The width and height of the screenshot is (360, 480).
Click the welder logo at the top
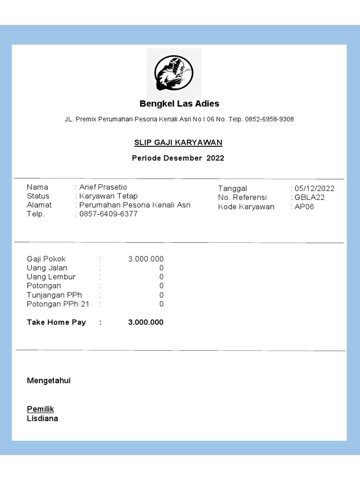[x=174, y=74]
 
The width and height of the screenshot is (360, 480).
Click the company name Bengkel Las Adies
[x=180, y=104]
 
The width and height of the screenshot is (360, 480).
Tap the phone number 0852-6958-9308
[x=269, y=120]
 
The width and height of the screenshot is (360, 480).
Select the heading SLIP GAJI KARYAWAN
[x=179, y=142]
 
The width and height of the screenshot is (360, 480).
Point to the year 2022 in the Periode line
[x=215, y=158]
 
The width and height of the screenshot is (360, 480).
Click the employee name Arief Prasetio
[x=103, y=187]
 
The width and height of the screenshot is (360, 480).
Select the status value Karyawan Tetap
[x=108, y=196]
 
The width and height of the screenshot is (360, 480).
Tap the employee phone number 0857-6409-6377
[x=108, y=214]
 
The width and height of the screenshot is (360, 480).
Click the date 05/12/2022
[x=315, y=188]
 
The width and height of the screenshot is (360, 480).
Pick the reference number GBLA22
[x=309, y=197]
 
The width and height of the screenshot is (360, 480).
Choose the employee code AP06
[x=304, y=207]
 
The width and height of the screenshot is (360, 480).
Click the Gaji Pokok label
[x=46, y=259]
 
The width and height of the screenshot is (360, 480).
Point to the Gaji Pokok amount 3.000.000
[x=146, y=259]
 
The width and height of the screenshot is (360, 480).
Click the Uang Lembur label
[x=51, y=277]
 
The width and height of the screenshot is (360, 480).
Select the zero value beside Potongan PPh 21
[x=161, y=304]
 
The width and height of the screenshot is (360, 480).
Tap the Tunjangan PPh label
[x=54, y=295]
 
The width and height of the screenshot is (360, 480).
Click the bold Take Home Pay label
[x=56, y=322]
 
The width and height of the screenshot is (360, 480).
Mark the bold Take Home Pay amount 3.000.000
[x=146, y=322]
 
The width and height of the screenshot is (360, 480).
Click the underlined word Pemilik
[x=40, y=409]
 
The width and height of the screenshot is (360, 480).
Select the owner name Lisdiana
[x=43, y=419]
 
